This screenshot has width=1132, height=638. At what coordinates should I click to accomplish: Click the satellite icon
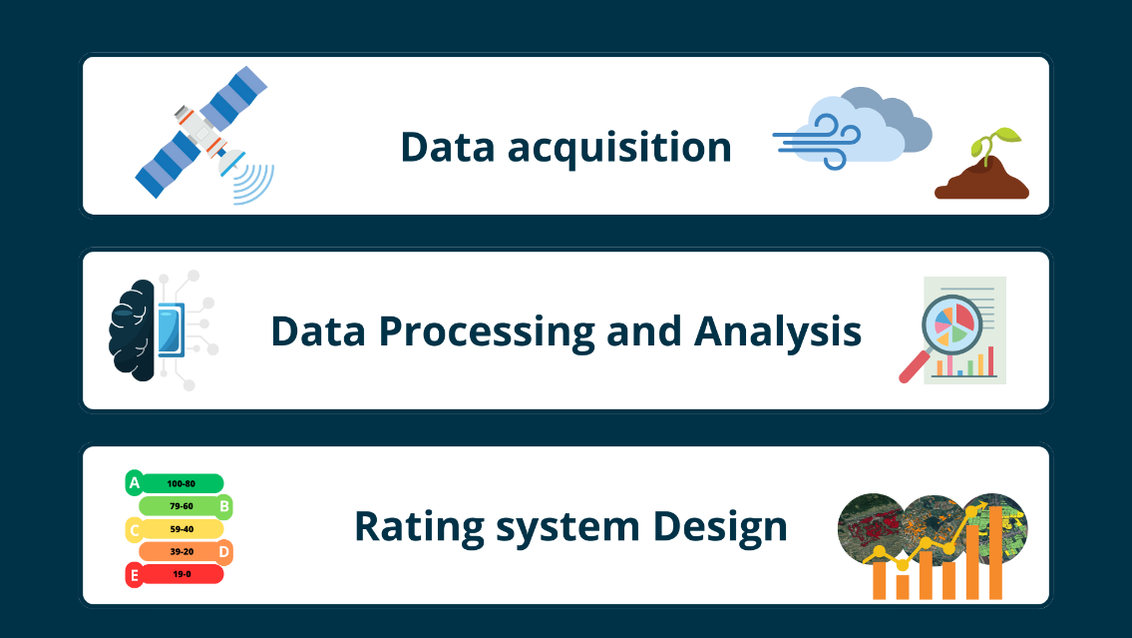pyautogui.click(x=203, y=134)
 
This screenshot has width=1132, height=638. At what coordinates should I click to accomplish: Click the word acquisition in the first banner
pyautogui.click(x=619, y=148)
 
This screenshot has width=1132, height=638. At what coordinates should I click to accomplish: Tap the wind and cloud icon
pyautogui.click(x=852, y=129)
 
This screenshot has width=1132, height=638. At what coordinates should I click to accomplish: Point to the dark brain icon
pyautogui.click(x=133, y=330)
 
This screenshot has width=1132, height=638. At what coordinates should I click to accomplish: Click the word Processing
pyautogui.click(x=487, y=332)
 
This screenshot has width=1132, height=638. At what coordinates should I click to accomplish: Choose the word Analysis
pyautogui.click(x=778, y=332)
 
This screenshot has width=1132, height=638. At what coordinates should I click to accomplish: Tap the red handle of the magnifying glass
pyautogui.click(x=914, y=366)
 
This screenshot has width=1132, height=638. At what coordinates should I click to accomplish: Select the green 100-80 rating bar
pyautogui.click(x=182, y=483)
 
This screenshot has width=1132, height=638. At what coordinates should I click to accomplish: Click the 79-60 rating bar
pyautogui.click(x=181, y=506)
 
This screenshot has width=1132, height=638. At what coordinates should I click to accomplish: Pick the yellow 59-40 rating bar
pyautogui.click(x=182, y=529)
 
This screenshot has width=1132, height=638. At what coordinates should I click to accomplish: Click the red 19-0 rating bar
pyautogui.click(x=182, y=574)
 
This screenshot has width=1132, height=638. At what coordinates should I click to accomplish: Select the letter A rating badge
pyautogui.click(x=135, y=482)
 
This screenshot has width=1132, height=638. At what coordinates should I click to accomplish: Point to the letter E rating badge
pyautogui.click(x=135, y=576)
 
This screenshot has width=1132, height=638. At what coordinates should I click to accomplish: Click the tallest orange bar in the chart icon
pyautogui.click(x=994, y=552)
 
